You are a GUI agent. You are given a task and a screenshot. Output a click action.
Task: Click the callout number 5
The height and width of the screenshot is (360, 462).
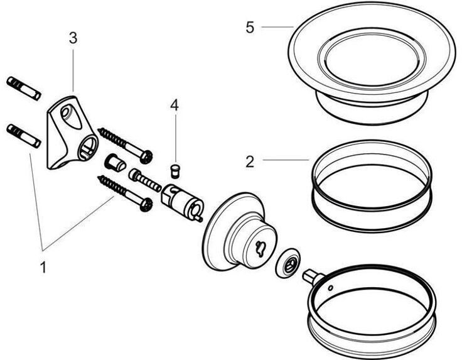(250, 28)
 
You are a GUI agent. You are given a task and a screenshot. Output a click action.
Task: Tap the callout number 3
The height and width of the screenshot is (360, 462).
(73, 38)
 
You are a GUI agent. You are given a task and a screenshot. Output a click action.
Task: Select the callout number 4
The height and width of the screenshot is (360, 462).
(175, 105)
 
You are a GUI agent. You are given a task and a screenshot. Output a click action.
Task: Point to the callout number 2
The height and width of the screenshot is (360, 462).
(250, 161)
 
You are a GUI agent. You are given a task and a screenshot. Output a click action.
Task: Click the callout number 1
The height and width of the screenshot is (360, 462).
(43, 267)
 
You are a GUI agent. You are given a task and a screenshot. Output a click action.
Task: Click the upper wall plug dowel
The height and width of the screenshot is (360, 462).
(23, 89)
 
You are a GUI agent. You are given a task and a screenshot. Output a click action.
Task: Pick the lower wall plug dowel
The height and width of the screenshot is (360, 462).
(23, 136)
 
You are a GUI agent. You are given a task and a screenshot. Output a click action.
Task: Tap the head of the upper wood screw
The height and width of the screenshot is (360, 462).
(148, 156)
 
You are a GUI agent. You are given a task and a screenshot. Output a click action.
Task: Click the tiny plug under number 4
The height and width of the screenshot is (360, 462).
(176, 169)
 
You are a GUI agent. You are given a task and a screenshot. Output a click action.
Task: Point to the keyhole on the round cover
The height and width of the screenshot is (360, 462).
(259, 246)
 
